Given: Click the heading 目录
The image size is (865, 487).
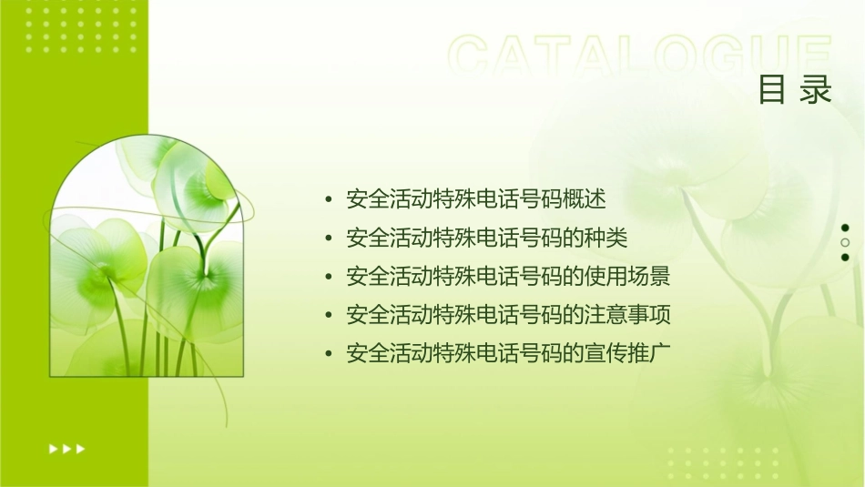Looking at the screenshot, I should click(x=795, y=90).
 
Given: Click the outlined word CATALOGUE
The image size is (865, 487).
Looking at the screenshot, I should click(x=639, y=56).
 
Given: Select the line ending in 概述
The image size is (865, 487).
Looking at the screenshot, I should click(x=476, y=198).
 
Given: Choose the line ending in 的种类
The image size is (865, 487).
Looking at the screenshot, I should click(x=487, y=238).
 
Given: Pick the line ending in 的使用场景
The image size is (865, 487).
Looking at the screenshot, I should click(x=508, y=277).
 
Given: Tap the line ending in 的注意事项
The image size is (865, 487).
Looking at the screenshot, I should click(x=508, y=315).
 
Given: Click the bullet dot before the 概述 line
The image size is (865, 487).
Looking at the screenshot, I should click(x=329, y=199).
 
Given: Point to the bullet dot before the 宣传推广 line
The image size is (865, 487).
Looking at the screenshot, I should click(x=329, y=354).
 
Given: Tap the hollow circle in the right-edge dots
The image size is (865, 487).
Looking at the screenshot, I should click(x=845, y=243).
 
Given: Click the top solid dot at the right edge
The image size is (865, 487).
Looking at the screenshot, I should click(x=845, y=228).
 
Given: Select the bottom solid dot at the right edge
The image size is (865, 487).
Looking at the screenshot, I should click(x=845, y=258).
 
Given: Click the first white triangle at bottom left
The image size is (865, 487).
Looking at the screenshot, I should click(x=53, y=448).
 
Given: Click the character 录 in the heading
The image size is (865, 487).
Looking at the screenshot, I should click(x=816, y=90).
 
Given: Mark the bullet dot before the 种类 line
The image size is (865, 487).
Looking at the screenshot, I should click(x=329, y=238).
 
